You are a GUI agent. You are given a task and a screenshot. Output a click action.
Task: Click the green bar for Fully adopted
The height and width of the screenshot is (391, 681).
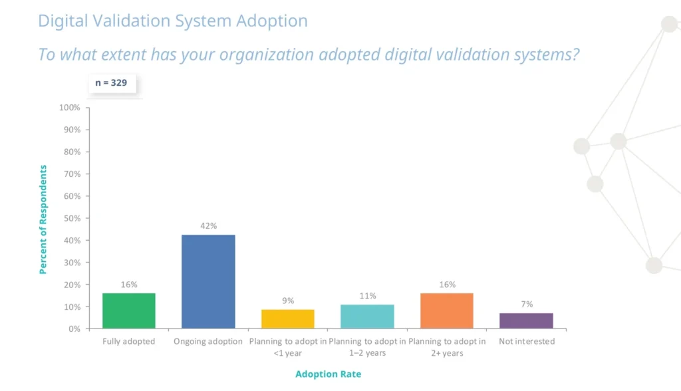point(129,311)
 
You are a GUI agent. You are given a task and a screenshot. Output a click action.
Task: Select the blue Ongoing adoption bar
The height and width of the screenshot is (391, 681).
point(208,281)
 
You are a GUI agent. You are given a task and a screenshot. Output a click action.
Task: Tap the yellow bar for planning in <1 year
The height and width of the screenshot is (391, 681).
point(288,319)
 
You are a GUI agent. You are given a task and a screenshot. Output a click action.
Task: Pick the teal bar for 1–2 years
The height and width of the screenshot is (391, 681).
point(367,317)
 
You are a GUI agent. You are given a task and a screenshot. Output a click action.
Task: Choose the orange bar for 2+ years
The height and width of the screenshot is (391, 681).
point(447,311)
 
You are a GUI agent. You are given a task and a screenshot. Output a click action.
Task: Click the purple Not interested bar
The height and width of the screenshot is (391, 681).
point(526,321)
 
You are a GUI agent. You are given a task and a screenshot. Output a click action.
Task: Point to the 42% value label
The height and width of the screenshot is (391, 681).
point(208,226)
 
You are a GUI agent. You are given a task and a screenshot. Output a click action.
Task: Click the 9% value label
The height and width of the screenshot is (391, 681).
point(288,301)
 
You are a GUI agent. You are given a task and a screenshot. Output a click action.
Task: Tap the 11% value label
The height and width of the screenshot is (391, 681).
point(368,296)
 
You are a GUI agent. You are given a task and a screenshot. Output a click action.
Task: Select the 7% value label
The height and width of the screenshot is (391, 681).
point(526,304)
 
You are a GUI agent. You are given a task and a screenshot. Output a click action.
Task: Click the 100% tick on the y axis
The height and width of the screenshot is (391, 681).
point(69,108)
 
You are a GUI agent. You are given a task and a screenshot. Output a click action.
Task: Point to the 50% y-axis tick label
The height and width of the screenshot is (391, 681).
point(71,218)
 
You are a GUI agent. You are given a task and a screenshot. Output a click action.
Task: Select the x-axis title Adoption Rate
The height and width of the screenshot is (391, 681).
point(329,374)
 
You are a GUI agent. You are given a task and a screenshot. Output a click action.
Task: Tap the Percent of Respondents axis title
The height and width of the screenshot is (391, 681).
point(44,219)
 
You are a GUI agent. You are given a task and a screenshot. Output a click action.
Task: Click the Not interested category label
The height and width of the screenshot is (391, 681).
point(527,342)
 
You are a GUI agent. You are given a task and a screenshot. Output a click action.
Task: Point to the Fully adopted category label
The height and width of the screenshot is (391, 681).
point(129,342)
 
